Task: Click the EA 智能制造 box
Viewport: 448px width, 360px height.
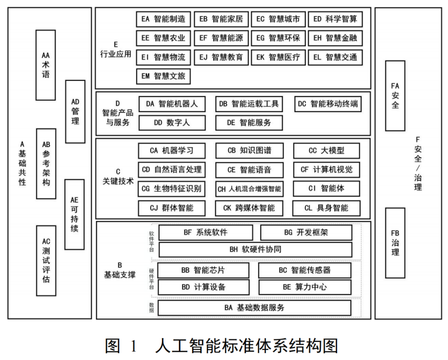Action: (163, 19)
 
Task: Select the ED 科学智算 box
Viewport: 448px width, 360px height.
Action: (335, 19)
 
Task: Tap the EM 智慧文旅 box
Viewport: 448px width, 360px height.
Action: (163, 76)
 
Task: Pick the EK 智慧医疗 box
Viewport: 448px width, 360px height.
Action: (278, 57)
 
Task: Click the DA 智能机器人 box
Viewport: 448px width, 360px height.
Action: (172, 104)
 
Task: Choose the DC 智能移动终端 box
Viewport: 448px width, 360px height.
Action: (328, 104)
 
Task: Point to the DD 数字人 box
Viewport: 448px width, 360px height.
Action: (172, 122)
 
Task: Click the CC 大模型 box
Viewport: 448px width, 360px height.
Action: (326, 150)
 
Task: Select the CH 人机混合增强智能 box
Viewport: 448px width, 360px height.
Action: (249, 189)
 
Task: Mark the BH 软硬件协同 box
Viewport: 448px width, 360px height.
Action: (255, 249)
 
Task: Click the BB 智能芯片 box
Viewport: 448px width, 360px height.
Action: (203, 270)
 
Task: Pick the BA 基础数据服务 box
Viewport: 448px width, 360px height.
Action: (254, 307)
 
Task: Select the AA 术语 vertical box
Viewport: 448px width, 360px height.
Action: (46, 65)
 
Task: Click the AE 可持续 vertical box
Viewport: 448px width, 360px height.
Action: (75, 213)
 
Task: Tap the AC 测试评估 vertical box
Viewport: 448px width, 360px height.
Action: (46, 260)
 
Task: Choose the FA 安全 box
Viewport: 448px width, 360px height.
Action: (395, 95)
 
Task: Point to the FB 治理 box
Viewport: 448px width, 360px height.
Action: (395, 242)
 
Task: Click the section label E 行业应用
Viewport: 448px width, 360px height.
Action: (116, 48)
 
